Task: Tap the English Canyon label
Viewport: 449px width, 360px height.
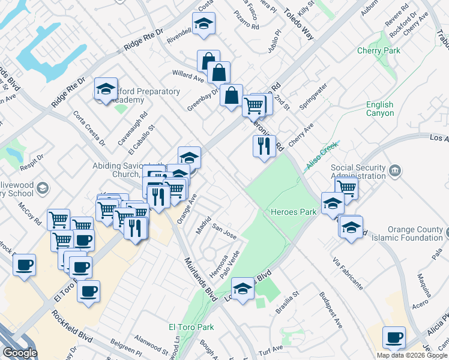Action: point(380,109)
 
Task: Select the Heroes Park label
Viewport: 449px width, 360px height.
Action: point(294,212)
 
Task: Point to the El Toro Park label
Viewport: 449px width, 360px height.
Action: point(191,327)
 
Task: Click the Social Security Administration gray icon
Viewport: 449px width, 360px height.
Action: point(395,171)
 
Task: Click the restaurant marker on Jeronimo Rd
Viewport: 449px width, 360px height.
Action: point(264,146)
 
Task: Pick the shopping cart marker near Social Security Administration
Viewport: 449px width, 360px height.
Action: point(347,187)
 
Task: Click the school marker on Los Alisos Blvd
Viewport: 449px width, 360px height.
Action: point(243,289)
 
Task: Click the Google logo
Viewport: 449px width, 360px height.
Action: point(20,353)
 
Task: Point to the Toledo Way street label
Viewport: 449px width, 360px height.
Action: point(299,25)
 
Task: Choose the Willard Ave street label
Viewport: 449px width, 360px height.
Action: point(188,76)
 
